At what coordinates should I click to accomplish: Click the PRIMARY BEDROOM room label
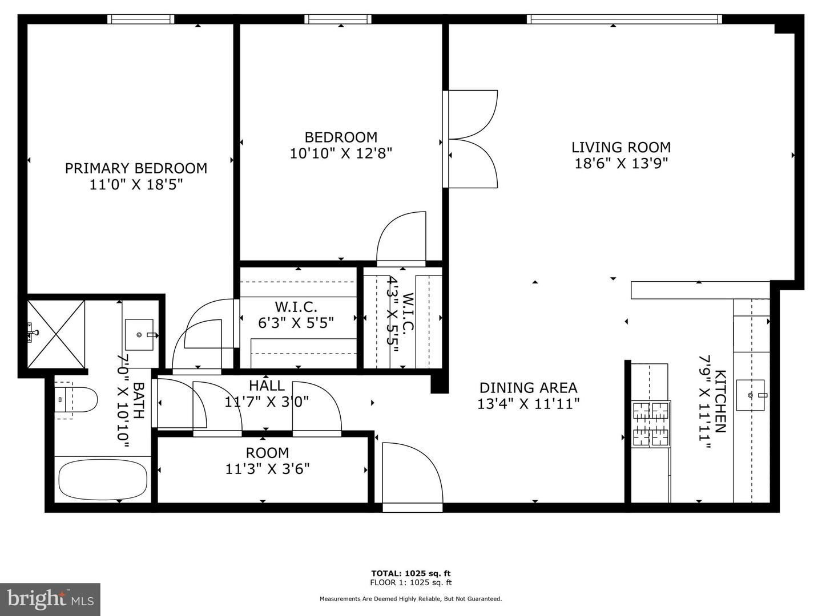point(136,168)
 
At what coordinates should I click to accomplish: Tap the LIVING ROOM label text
point(621,147)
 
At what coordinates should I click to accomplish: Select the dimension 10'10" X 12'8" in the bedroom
point(341,153)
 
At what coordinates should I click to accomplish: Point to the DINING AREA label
point(528,388)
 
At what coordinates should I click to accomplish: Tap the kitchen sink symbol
point(750,395)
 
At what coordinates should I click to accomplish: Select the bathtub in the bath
point(103,479)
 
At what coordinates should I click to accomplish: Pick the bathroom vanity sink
point(139,335)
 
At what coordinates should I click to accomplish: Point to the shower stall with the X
point(56,334)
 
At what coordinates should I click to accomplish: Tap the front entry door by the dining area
point(412,473)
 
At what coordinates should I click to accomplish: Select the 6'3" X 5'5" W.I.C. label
point(296,315)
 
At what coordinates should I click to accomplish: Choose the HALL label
point(267,386)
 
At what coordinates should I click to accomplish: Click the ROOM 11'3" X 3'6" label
point(267,461)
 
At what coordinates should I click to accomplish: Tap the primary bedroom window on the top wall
point(141,19)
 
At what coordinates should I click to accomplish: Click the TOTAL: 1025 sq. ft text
point(411,573)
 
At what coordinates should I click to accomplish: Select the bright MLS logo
point(50,599)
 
